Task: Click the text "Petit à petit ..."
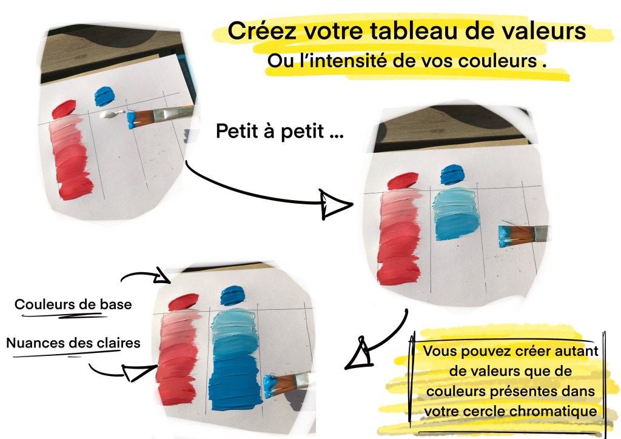coord(280,131)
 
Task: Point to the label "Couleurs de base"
coord(73,304)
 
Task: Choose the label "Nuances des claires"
coord(73,343)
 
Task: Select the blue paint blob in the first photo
coord(104,96)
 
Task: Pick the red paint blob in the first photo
coord(64,109)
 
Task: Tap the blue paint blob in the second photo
coord(452,174)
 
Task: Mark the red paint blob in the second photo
coord(403,181)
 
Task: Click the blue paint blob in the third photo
coord(232,295)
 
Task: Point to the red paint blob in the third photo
coord(183,301)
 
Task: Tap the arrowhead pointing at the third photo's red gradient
coord(136,372)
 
